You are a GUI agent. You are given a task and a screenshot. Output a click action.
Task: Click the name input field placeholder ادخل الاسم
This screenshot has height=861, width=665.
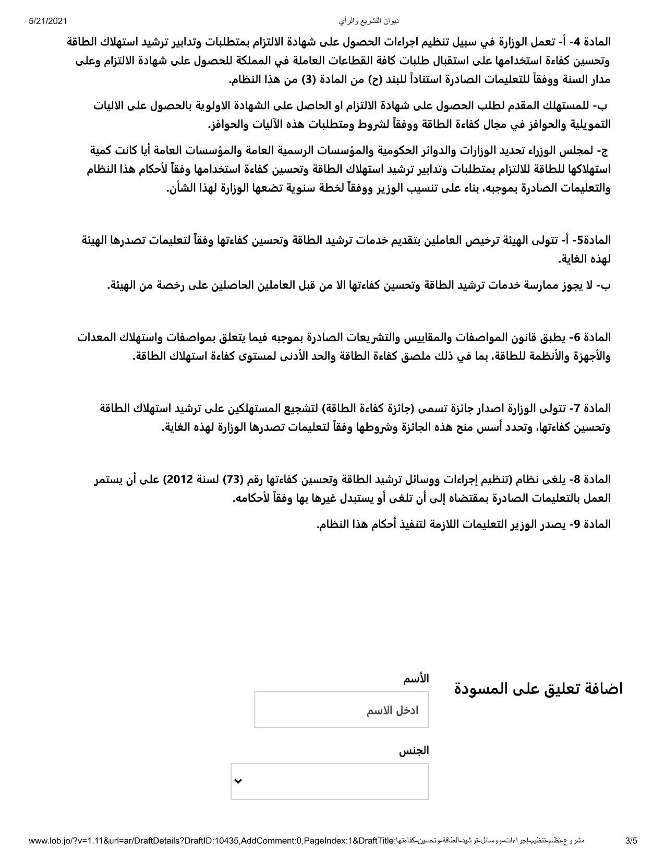pyautogui.click(x=393, y=711)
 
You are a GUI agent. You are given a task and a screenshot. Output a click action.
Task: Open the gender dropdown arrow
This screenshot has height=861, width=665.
pyautogui.click(x=238, y=781)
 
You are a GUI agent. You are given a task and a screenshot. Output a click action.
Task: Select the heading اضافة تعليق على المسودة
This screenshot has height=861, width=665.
pyautogui.click(x=539, y=688)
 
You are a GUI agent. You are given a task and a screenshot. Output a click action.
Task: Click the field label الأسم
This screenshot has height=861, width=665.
pyautogui.click(x=416, y=679)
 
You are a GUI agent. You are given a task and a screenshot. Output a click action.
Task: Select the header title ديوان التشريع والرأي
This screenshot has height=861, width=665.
pyautogui.click(x=369, y=21)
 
